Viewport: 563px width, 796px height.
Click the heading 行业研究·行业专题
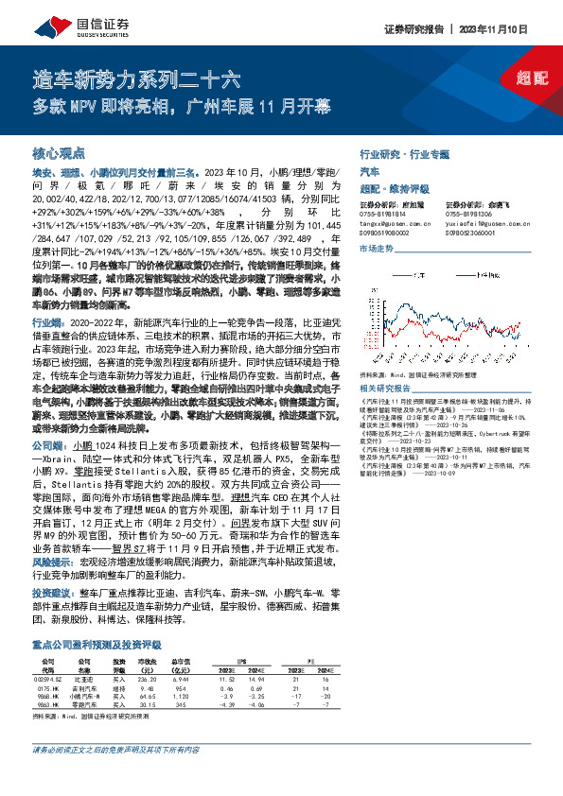(405, 153)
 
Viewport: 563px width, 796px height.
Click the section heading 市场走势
(376, 248)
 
